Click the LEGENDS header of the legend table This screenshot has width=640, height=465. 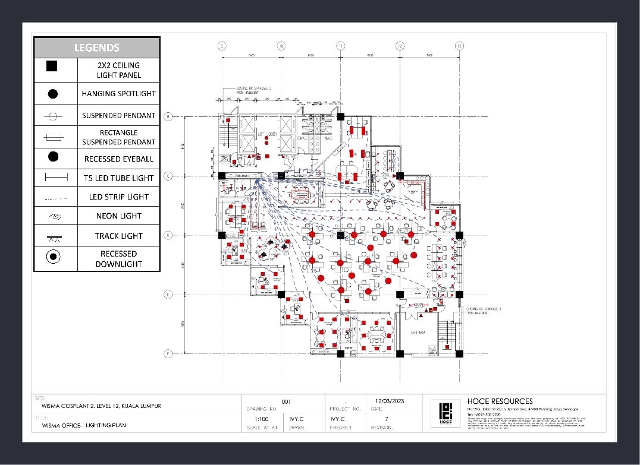(x=96, y=48)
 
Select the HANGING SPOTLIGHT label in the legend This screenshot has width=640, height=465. (x=118, y=93)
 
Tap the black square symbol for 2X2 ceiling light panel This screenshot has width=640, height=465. (x=52, y=67)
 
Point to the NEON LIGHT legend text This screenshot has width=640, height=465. (x=118, y=216)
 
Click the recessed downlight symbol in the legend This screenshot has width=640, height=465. (x=53, y=257)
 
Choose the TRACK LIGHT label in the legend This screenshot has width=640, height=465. (x=118, y=236)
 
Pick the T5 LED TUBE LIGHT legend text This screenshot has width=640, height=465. (x=118, y=178)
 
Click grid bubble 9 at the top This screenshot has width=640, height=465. (x=221, y=46)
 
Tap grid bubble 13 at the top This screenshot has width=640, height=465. (x=459, y=46)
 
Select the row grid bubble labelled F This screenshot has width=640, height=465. (x=168, y=354)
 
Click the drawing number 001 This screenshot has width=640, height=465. (x=286, y=401)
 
